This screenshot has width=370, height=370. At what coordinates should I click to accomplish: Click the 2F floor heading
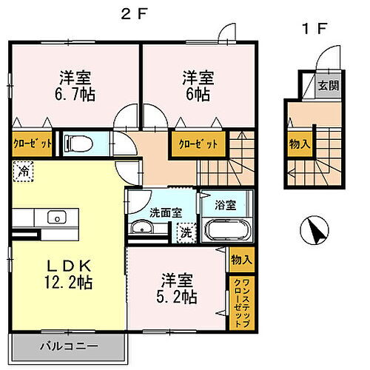[x=132, y=13]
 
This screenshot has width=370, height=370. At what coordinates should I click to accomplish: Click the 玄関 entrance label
[x=329, y=85]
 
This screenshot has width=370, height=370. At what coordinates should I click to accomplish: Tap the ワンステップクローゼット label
[x=240, y=295]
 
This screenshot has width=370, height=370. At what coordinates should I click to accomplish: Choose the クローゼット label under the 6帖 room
[x=195, y=144]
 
